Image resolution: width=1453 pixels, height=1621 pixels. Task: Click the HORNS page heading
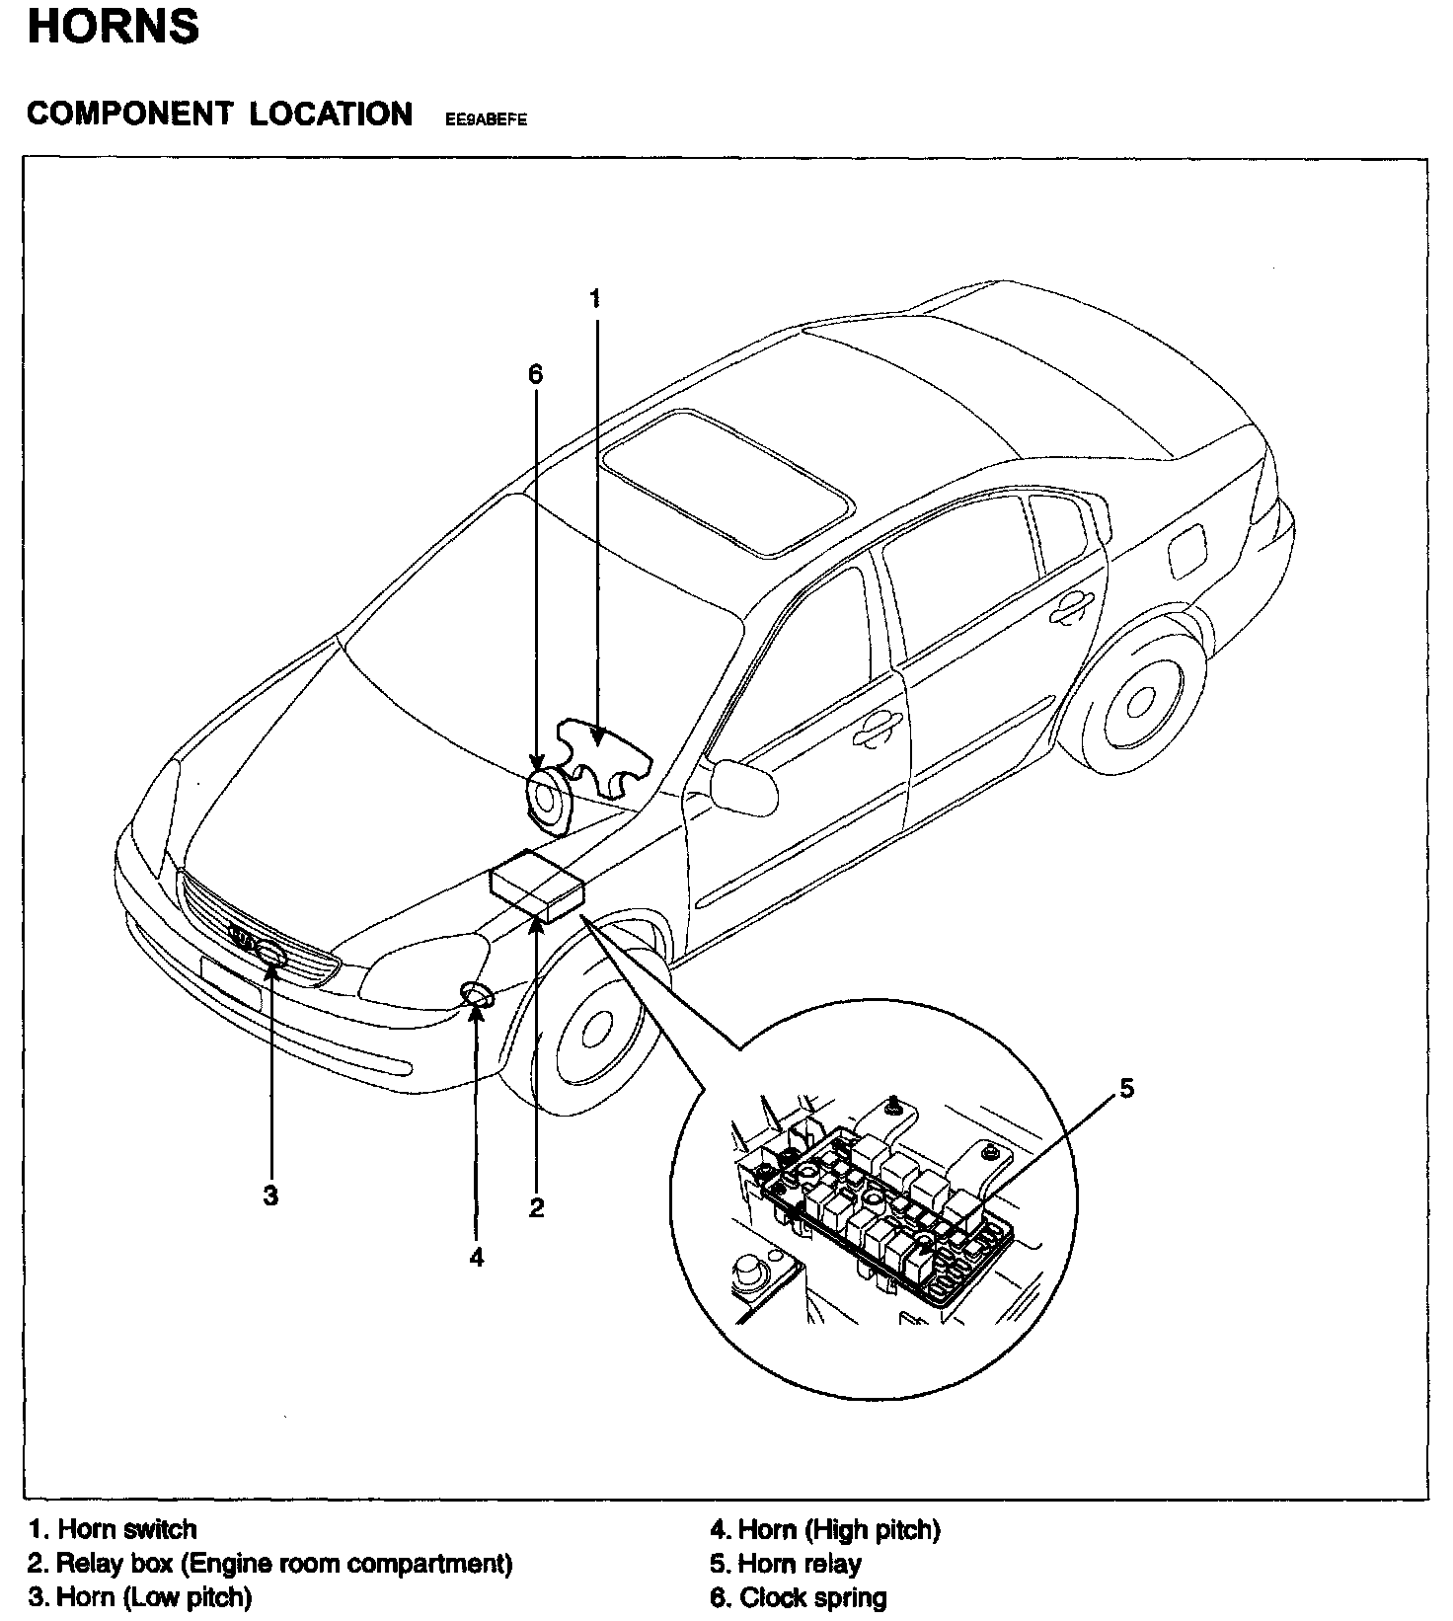click(114, 27)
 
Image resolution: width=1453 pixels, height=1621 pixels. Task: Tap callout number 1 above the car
click(595, 298)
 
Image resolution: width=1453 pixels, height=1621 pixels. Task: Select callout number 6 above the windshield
click(535, 373)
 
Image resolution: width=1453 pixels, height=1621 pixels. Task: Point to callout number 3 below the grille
click(270, 1196)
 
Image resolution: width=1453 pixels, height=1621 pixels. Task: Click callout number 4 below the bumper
click(477, 1257)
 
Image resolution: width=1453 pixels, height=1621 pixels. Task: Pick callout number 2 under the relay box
click(536, 1206)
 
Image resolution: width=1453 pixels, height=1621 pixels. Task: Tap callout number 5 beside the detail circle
click(1126, 1088)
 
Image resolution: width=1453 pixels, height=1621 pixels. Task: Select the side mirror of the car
click(743, 786)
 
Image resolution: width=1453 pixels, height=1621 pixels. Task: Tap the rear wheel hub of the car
click(1141, 701)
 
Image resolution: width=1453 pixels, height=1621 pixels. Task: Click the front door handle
click(876, 729)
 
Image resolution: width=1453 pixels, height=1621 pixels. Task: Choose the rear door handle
click(1070, 608)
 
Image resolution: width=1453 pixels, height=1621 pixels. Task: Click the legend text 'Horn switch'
click(127, 1529)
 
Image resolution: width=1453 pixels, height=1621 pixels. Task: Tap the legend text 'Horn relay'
click(800, 1564)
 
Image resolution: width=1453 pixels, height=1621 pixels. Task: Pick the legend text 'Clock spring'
click(812, 1597)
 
